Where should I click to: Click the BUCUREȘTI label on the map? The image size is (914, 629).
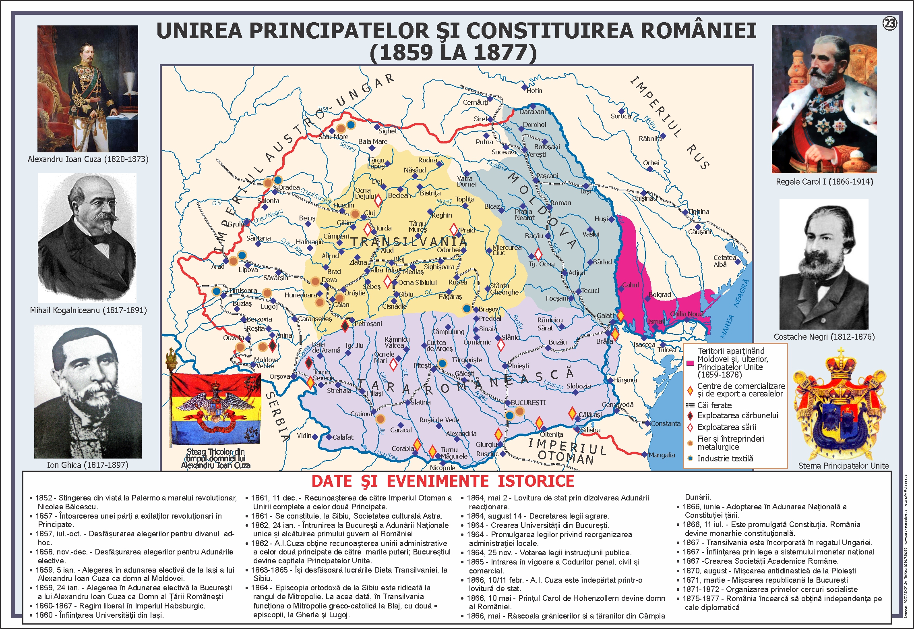pos(528,403)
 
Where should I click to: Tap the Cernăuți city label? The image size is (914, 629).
pos(475,103)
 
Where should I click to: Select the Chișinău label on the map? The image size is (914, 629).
pos(644,198)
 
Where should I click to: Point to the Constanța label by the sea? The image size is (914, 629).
pos(666,423)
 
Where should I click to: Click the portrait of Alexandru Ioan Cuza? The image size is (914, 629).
pos(87,89)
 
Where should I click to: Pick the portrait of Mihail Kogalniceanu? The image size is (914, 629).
pos(87,238)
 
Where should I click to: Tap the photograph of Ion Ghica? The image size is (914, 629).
pos(88,391)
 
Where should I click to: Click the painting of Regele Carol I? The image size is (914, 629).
pos(824,99)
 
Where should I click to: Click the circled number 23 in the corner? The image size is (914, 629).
pos(889,24)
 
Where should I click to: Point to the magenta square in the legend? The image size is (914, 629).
pos(690,363)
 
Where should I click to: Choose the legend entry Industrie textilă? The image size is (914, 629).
pos(725,459)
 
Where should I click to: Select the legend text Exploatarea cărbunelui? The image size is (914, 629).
pos(738,415)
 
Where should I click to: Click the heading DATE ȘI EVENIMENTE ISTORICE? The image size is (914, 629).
pos(443,481)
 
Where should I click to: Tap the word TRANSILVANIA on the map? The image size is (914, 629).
pos(409,242)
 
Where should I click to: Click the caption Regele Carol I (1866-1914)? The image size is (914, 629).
pos(824,182)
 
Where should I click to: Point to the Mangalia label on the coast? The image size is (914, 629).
pos(662,455)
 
